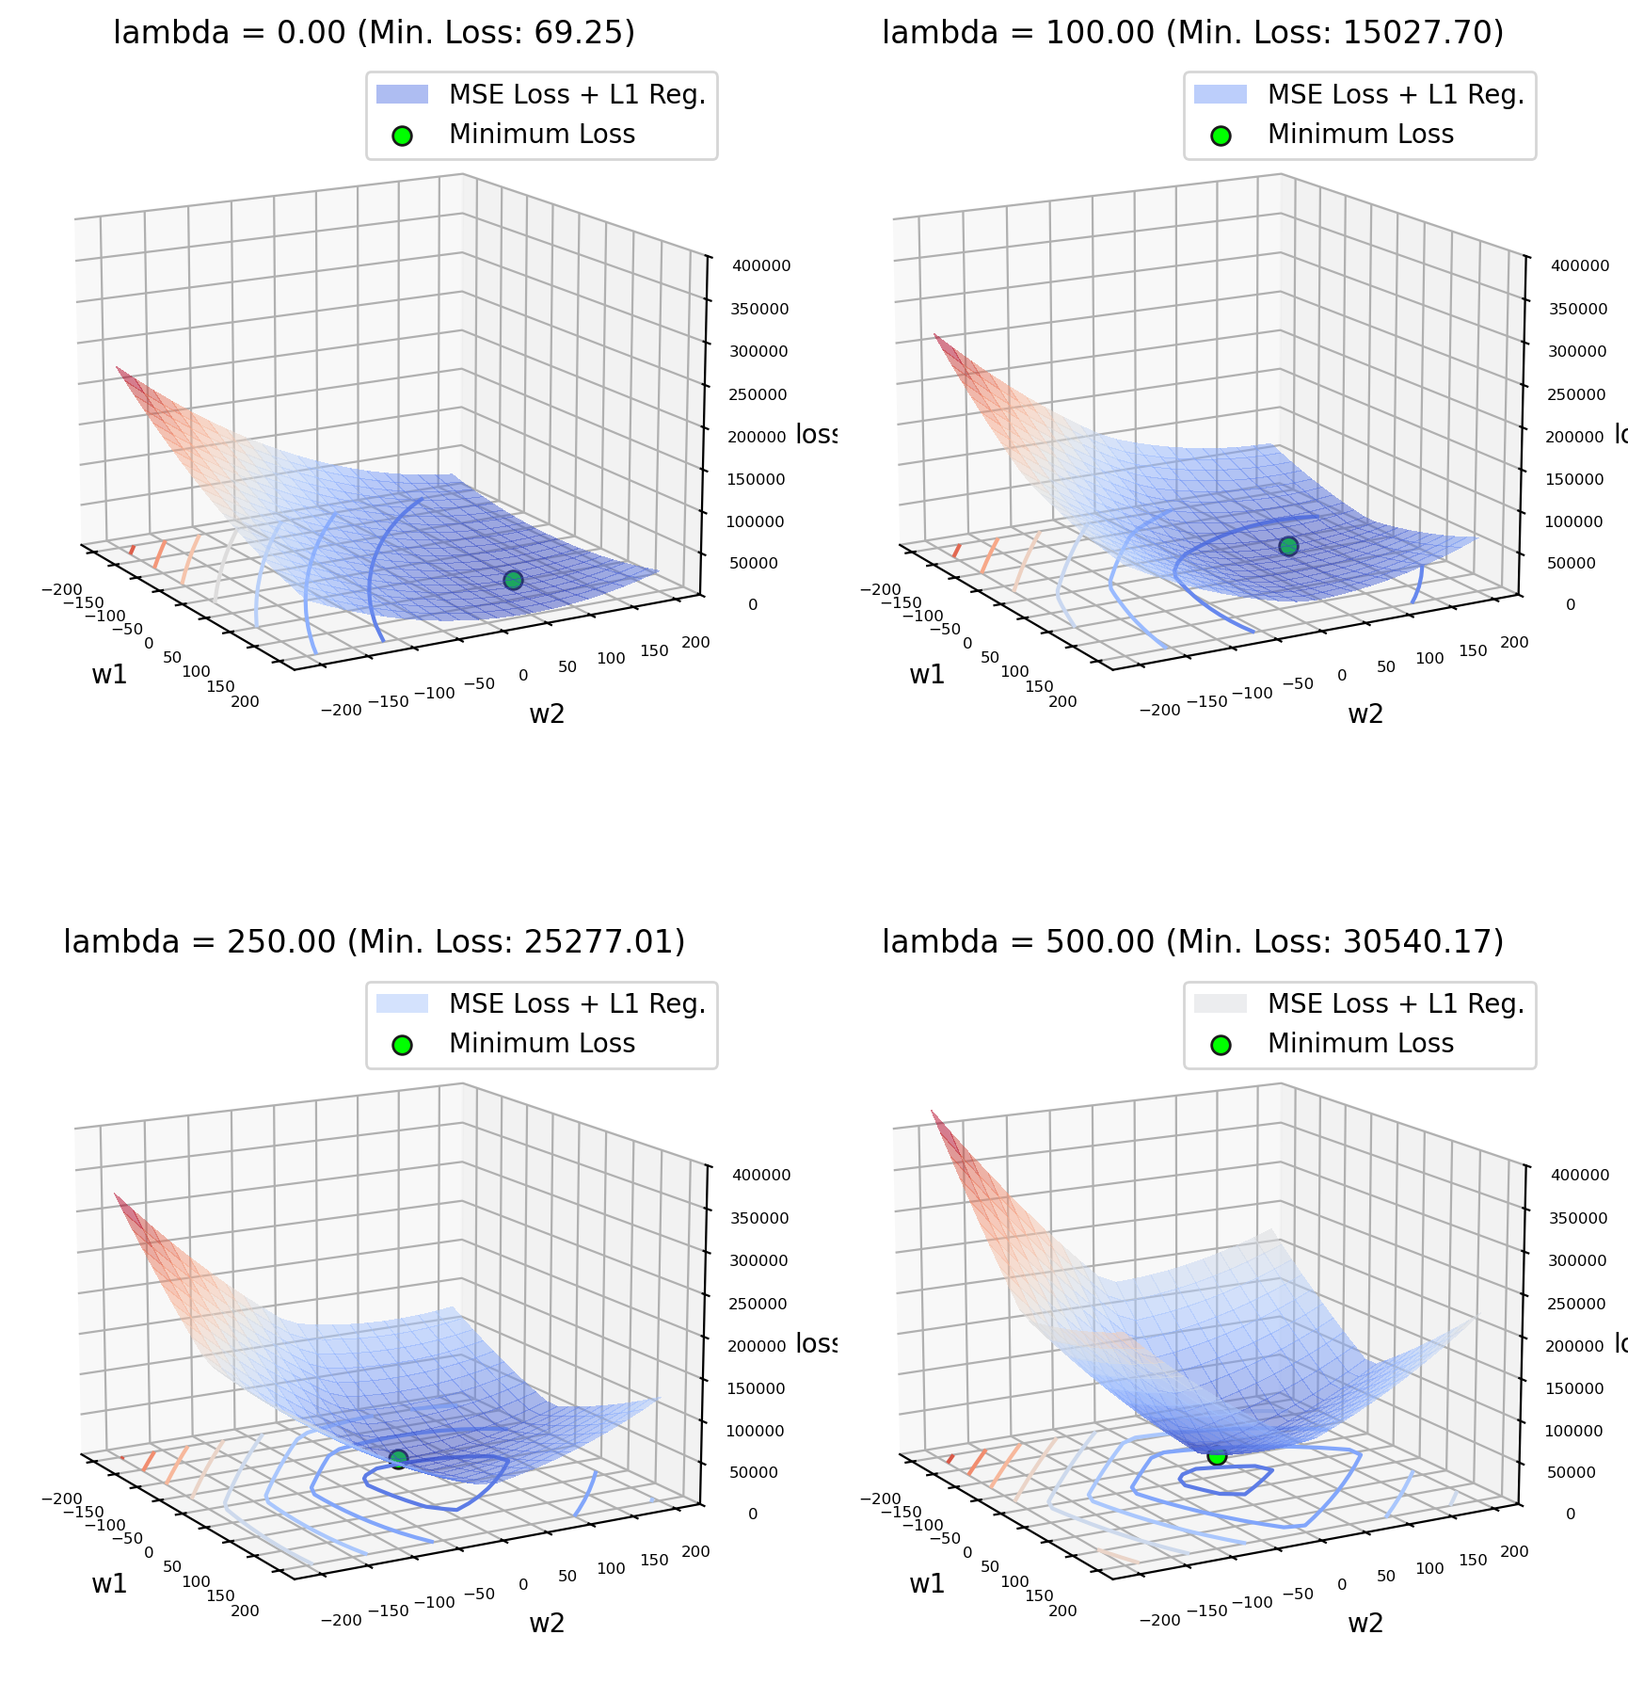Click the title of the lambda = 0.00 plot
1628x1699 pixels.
[374, 33]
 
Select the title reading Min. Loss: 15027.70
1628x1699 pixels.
[1192, 33]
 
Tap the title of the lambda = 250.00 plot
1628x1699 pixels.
[374, 942]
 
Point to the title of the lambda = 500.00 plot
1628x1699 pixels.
[1192, 942]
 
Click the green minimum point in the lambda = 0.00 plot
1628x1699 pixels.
[513, 580]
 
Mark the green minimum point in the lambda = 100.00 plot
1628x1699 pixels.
[1288, 546]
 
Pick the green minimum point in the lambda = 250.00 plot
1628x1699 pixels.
[398, 1459]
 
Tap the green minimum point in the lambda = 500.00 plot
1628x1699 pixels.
[1217, 1456]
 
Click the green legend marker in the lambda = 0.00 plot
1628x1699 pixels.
[402, 135]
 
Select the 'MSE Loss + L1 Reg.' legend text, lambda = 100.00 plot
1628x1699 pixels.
[1396, 95]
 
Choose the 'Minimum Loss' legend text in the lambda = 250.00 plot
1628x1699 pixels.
[542, 1044]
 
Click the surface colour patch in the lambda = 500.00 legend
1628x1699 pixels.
[1220, 1004]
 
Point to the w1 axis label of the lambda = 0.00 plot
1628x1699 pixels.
[109, 674]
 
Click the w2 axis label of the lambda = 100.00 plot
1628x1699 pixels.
[1365, 713]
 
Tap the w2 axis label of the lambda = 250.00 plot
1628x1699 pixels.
[547, 1623]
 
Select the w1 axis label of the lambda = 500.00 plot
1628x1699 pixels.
[927, 1583]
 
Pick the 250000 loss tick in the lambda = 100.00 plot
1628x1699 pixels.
[1578, 394]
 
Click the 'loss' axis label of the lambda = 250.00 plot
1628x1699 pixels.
[816, 1343]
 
